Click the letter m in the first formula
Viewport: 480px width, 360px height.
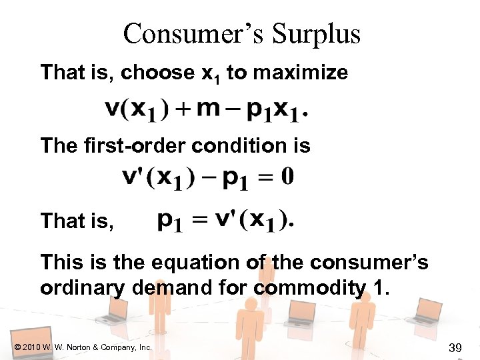(x=209, y=109)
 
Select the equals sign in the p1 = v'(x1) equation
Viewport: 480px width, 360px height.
(x=199, y=219)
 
